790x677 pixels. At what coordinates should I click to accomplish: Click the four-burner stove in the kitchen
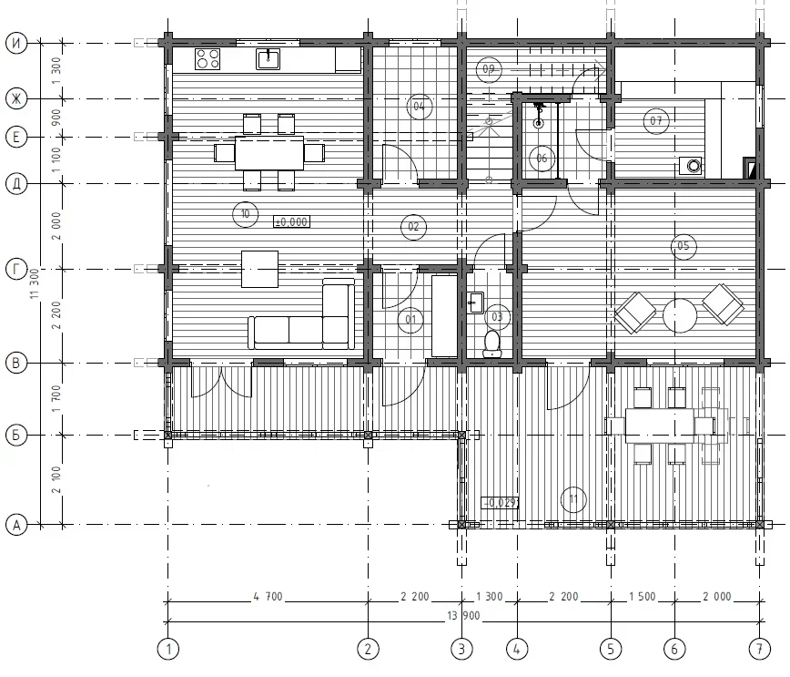coord(208,59)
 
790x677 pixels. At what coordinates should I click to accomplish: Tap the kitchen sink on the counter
coord(268,58)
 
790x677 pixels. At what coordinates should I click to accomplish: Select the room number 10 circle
coord(246,214)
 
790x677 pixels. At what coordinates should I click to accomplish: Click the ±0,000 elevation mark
coord(292,221)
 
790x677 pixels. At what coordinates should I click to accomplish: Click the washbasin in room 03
coord(475,303)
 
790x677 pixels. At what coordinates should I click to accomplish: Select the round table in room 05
coord(680,315)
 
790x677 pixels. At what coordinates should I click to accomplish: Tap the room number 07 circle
coord(656,120)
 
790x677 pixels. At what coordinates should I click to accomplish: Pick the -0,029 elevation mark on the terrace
coord(501,502)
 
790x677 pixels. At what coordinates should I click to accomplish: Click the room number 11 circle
coord(573,499)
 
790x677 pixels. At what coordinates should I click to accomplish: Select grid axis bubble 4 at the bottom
coord(516,649)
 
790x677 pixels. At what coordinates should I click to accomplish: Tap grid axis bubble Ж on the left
coord(16,99)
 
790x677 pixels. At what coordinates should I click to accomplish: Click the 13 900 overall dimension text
coord(463,615)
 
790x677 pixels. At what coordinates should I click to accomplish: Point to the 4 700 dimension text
coord(268,597)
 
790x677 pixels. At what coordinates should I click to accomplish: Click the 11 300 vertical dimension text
coord(35,283)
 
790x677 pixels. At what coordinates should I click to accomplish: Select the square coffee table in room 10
coord(259,269)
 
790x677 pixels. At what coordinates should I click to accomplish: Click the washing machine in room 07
coord(692,166)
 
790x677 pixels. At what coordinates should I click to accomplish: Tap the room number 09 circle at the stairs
coord(488,69)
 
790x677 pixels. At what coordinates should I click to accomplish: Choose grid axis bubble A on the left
coord(16,525)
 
